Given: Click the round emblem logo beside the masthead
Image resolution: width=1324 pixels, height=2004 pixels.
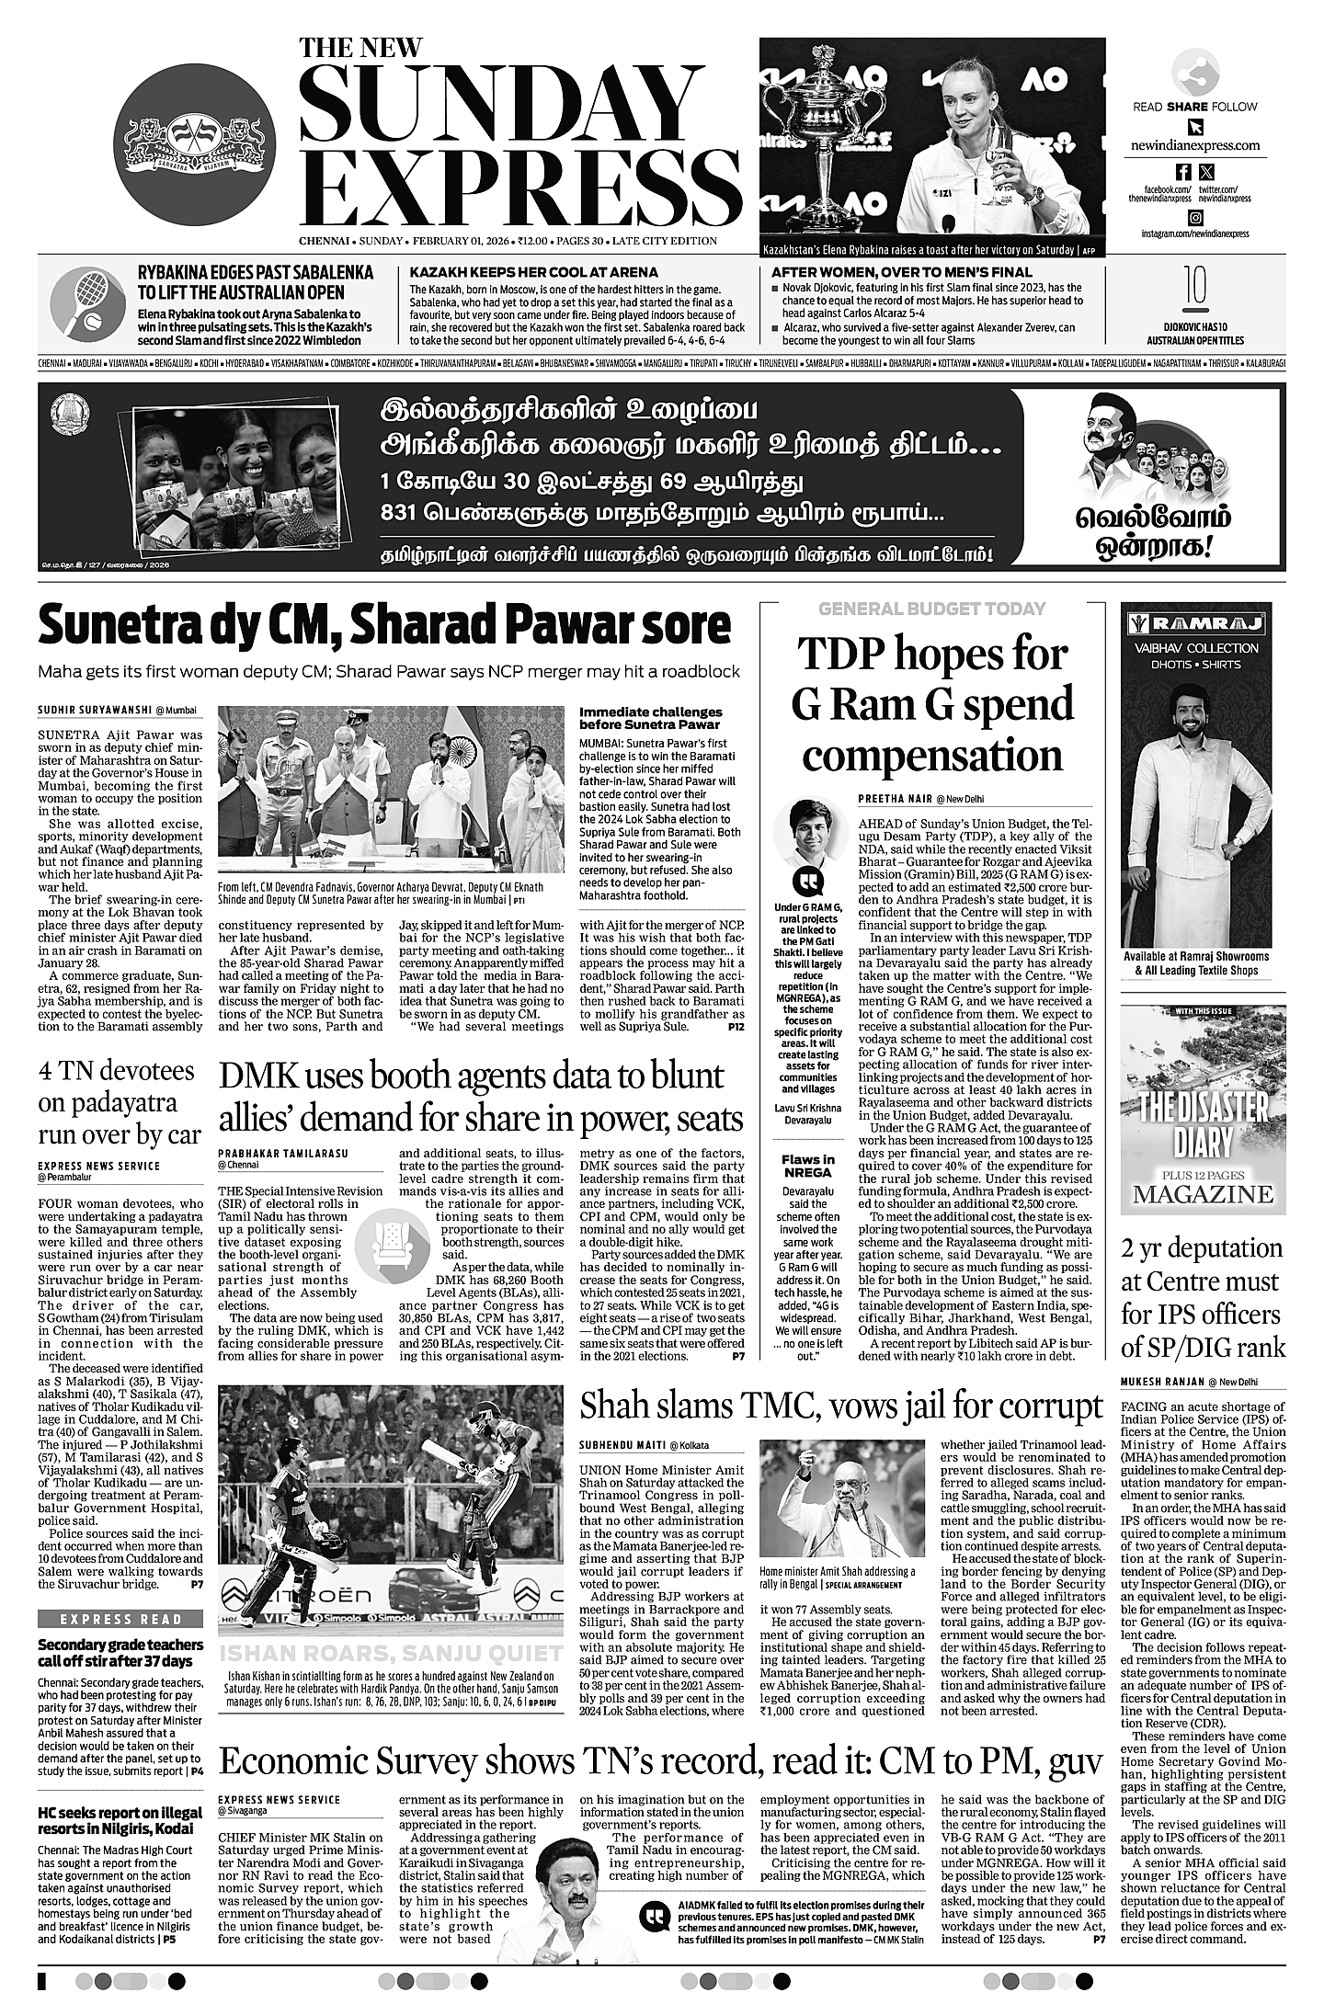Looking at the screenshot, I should click(196, 145).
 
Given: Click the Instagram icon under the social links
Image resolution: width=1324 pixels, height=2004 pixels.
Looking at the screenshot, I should click(1195, 218).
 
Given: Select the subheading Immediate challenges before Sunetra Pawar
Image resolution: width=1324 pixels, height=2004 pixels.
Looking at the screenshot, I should click(650, 718).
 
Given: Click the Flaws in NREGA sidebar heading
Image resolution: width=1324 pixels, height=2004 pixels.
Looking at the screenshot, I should click(807, 1166).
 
